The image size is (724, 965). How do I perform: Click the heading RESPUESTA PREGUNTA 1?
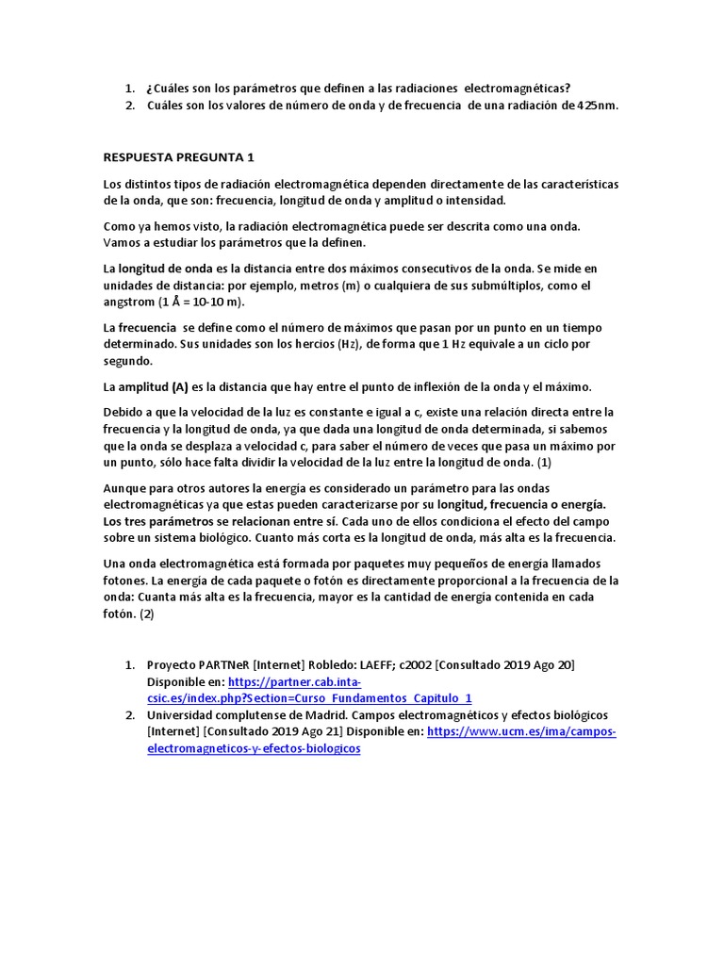[178, 156]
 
